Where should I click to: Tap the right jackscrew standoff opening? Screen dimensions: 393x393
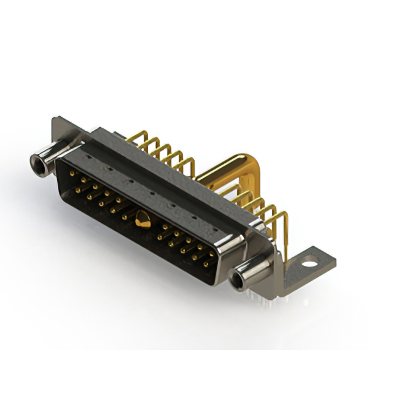pos(237,281)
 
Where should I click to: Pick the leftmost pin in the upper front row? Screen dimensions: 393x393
pos(73,174)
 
